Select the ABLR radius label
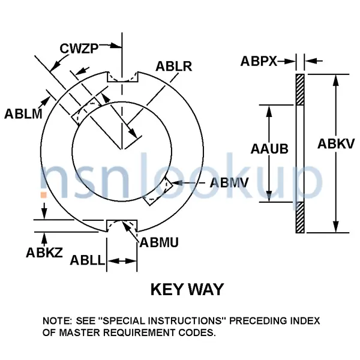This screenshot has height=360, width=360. pyautogui.click(x=173, y=66)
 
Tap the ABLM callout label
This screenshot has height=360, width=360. pyautogui.click(x=23, y=113)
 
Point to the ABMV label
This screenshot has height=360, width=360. pyautogui.click(x=229, y=183)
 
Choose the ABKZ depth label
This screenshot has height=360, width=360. pyautogui.click(x=43, y=253)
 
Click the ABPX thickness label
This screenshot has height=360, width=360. pyautogui.click(x=259, y=61)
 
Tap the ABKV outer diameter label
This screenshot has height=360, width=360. pyautogui.click(x=337, y=143)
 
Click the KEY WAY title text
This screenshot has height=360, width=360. pyautogui.click(x=187, y=290)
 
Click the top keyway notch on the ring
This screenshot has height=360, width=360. pyautogui.click(x=122, y=77)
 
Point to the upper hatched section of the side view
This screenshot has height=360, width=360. pyautogui.click(x=300, y=89)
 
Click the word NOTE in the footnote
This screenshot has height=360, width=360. pyautogui.click(x=58, y=321)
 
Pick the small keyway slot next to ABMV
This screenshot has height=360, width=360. pyautogui.click(x=160, y=190)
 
